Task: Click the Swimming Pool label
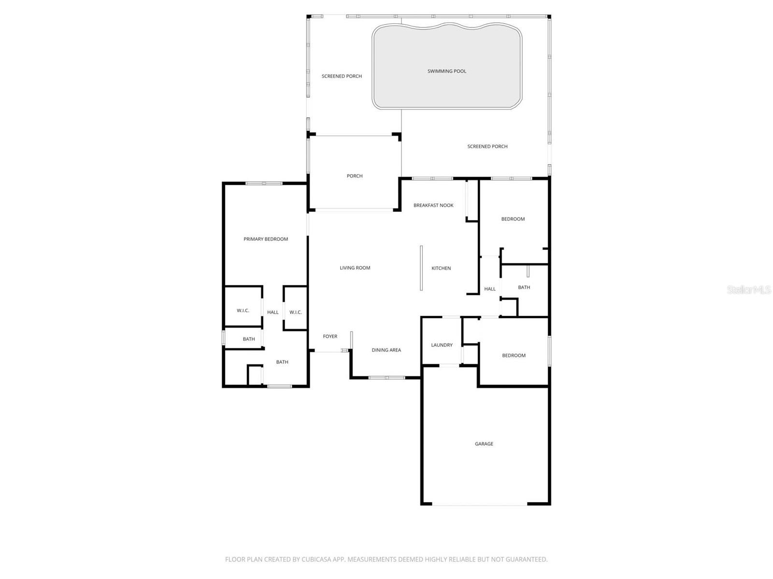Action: click(x=447, y=71)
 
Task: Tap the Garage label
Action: click(x=484, y=444)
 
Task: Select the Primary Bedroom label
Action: click(x=266, y=239)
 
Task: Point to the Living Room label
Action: click(x=355, y=268)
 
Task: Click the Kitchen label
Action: click(x=441, y=268)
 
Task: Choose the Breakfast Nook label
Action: click(x=433, y=206)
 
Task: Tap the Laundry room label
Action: click(x=442, y=345)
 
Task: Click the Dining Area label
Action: click(x=386, y=350)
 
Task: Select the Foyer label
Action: click(x=330, y=336)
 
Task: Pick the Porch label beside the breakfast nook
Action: click(x=355, y=176)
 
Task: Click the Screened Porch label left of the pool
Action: click(x=342, y=76)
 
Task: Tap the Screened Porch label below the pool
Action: click(x=487, y=147)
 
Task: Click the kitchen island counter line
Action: click(x=421, y=268)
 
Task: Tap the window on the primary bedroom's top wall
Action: click(x=264, y=183)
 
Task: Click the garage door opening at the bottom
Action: click(x=479, y=505)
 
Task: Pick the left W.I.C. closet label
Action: click(x=243, y=311)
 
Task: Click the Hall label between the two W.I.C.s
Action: click(x=273, y=313)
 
